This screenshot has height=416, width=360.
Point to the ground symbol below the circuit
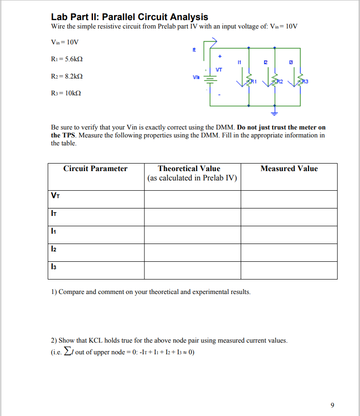click(274, 113)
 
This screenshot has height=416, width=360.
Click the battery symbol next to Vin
click(210, 79)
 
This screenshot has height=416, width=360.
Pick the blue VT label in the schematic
click(219, 69)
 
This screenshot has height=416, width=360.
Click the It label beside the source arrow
click(194, 50)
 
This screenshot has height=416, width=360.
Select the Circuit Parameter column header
click(95, 169)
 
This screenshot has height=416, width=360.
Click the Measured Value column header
click(289, 169)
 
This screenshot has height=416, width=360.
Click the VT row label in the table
click(55, 196)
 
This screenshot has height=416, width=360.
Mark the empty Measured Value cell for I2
click(289, 252)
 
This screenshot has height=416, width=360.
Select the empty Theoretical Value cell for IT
click(192, 217)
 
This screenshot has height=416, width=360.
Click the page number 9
click(332, 405)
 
